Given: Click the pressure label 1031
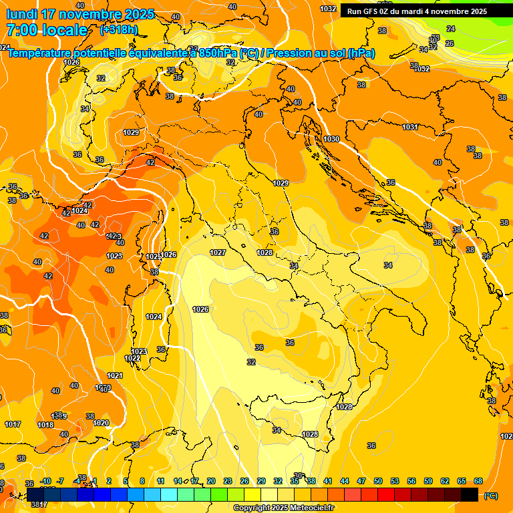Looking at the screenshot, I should (x=410, y=127).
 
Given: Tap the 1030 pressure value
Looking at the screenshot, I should (x=331, y=139).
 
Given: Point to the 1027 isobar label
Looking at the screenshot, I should (x=218, y=252).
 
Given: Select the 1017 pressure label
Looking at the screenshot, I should (x=13, y=424).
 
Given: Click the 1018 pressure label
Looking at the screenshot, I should (x=45, y=425).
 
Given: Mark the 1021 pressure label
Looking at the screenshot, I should (x=115, y=375).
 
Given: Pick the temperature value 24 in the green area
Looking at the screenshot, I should (x=451, y=29).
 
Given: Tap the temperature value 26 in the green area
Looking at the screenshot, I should (x=450, y=43).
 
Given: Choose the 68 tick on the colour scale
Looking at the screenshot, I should (x=478, y=481).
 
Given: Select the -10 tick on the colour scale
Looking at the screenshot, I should (x=45, y=481).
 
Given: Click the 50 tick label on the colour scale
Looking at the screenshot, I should (x=378, y=481).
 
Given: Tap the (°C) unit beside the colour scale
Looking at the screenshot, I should (x=491, y=496).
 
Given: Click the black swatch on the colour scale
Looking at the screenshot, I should (x=470, y=494).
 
